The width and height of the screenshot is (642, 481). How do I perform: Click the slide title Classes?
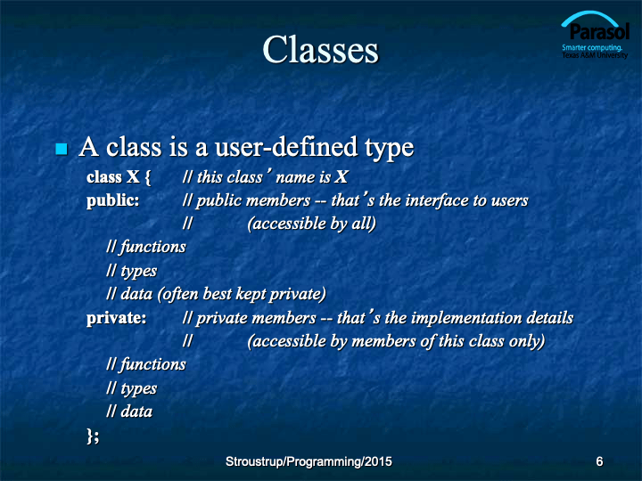point(321,50)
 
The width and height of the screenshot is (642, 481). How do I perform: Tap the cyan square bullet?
point(62,149)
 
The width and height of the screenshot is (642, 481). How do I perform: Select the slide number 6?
point(599,461)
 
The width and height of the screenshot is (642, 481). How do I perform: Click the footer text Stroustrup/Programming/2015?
point(309,461)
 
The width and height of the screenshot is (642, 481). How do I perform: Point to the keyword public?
point(112,200)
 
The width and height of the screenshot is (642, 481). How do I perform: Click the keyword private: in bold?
point(116,318)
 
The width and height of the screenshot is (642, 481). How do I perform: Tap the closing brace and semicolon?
point(93,436)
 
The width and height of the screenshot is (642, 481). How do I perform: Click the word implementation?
point(465,319)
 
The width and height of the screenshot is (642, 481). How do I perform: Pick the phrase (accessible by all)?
point(311,224)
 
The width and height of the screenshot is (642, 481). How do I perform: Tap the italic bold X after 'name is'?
point(342,177)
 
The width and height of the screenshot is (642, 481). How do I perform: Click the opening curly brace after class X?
point(147,177)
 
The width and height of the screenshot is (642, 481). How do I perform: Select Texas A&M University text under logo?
point(595,55)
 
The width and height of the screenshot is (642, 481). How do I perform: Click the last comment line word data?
point(136,412)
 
